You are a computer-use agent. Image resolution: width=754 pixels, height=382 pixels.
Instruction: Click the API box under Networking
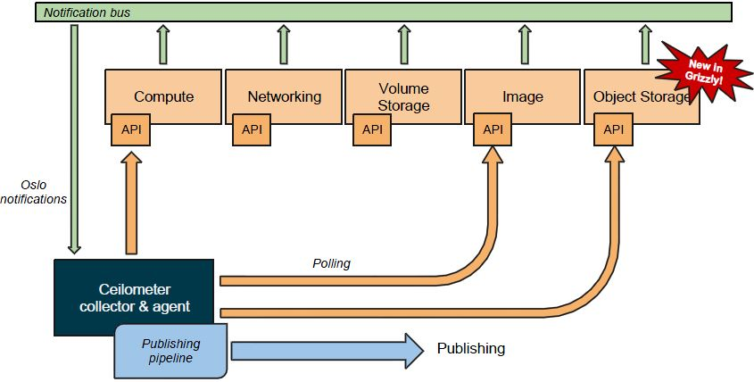point(252,129)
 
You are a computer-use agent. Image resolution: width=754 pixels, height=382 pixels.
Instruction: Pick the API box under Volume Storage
point(372,129)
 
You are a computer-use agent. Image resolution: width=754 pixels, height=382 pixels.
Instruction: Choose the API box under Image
point(493,129)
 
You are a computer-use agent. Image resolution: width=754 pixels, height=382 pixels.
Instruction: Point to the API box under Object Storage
point(613,129)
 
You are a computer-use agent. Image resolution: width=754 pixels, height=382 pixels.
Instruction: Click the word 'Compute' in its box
point(163,96)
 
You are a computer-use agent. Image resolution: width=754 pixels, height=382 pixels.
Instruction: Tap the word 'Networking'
point(284,96)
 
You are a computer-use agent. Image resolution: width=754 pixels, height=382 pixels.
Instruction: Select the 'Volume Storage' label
point(403,96)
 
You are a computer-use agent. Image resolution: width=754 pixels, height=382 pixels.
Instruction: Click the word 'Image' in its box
point(523,96)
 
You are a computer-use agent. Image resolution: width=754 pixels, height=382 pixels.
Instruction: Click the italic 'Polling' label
point(331,264)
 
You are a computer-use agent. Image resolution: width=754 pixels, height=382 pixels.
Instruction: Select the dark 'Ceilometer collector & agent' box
point(134,298)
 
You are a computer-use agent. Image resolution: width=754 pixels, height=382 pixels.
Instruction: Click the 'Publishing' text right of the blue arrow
point(470,348)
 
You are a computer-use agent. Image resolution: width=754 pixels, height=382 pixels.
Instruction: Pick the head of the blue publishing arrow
point(411,350)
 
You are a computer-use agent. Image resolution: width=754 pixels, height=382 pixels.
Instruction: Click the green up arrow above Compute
point(162,45)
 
